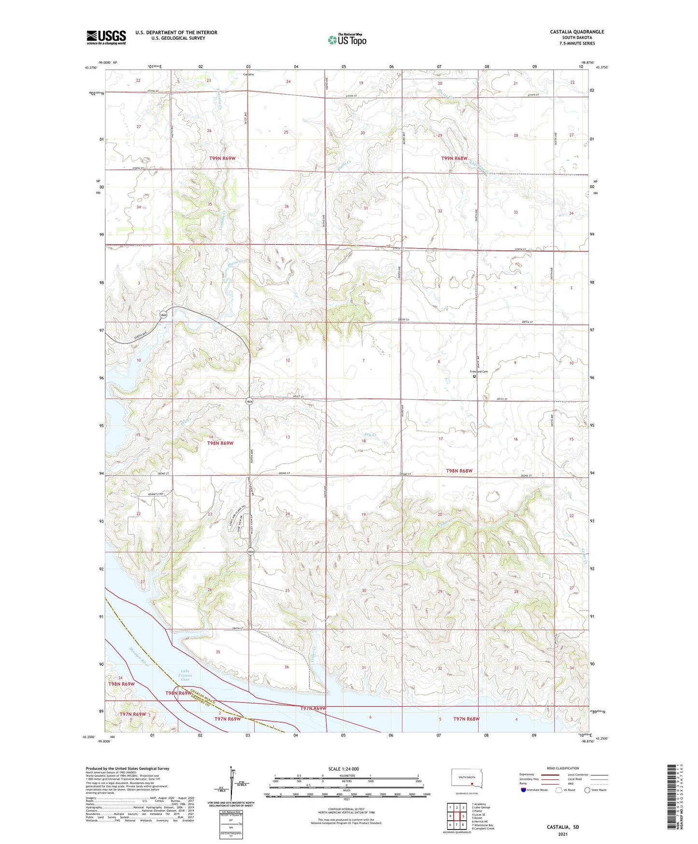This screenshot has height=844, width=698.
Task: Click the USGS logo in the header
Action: (x=106, y=37)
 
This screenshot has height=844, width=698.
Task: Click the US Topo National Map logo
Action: (x=347, y=40)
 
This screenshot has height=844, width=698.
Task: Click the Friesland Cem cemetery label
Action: (x=479, y=371)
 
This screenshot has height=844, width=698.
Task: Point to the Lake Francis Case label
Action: (x=186, y=675)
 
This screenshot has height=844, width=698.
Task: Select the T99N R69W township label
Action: (x=222, y=159)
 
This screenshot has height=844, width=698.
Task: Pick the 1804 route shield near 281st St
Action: (x=249, y=402)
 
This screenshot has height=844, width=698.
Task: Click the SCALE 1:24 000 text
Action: (x=343, y=769)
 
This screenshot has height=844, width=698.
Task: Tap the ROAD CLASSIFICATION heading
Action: (x=563, y=768)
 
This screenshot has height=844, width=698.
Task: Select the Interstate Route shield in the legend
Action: (x=524, y=790)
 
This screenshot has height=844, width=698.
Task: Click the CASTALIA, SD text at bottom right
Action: (x=562, y=827)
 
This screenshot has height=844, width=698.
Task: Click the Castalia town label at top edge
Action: (x=248, y=74)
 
